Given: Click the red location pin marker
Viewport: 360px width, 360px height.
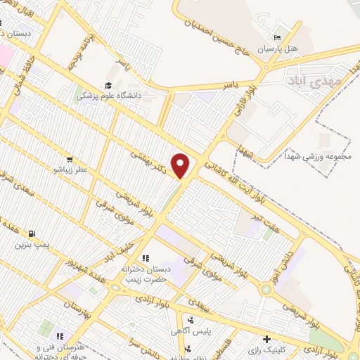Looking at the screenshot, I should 181,165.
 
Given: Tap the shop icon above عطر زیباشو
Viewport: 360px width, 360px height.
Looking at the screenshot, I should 69,159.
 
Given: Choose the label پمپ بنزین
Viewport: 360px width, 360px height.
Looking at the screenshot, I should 32,245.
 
